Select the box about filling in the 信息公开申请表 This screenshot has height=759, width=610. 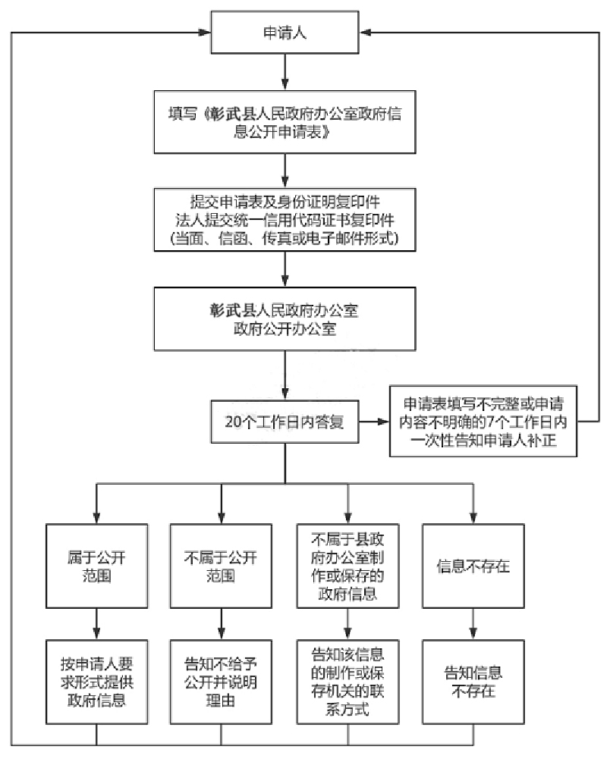284,122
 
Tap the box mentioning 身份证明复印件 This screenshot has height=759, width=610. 284,220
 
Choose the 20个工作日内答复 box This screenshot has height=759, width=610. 284,422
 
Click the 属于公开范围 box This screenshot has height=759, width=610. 96,566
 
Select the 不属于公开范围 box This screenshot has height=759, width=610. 221,566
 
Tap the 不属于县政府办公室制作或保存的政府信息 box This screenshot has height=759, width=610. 347,566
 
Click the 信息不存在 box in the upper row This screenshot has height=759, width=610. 473,566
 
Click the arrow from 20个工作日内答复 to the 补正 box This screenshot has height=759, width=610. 373,422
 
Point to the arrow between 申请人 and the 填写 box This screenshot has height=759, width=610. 284,71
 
